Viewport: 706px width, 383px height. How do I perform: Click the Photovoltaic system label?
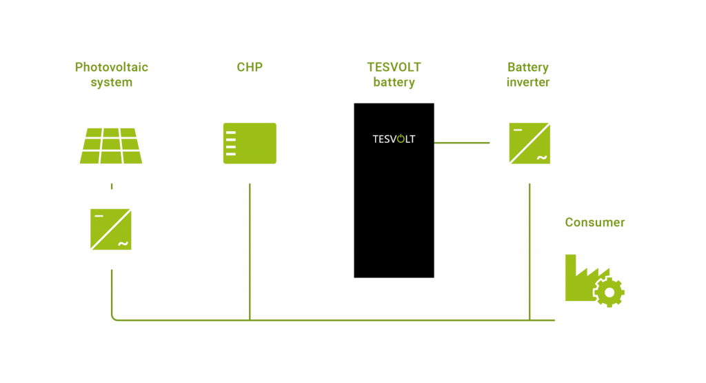pos(111,75)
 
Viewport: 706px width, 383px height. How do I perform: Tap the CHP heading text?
pos(250,68)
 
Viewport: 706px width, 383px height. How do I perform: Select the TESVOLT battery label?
pos(394,75)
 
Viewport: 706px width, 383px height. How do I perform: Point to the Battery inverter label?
pos(528,75)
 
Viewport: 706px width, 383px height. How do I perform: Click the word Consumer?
pos(594,222)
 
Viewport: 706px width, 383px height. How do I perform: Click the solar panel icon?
pos(111,146)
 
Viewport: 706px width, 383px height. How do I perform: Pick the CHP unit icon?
pos(250,144)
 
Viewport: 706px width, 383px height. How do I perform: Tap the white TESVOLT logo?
pos(394,139)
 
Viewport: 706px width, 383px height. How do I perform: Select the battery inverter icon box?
pos(529,143)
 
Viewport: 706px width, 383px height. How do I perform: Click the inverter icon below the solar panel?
pos(110,229)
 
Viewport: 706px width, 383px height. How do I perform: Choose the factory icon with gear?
pos(594,280)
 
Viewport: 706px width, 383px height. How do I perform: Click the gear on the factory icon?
pos(609,293)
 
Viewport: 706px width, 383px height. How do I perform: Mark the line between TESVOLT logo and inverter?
pos(461,143)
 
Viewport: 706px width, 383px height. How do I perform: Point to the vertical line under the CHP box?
pos(250,252)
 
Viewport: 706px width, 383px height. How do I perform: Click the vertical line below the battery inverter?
pos(529,252)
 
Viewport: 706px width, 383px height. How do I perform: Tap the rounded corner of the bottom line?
pos(113,317)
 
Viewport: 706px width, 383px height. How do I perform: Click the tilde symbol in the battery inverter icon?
pos(541,157)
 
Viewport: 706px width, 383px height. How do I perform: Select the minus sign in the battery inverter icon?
pos(517,129)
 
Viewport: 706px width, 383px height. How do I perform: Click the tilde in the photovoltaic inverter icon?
pos(123,244)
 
